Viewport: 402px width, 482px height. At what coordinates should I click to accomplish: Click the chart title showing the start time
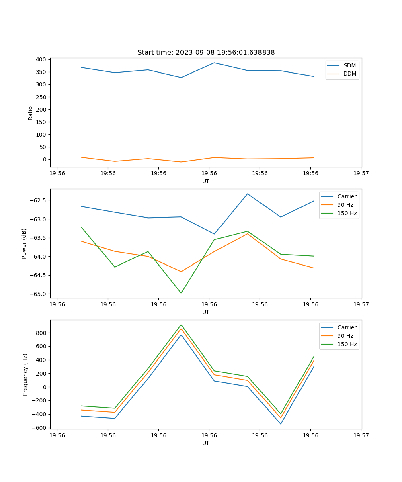[x=206, y=53]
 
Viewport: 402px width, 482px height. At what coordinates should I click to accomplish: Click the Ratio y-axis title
[x=31, y=113]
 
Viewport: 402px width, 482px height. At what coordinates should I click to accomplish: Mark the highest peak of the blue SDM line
[x=214, y=63]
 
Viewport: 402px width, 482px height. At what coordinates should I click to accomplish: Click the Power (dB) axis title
[x=24, y=243]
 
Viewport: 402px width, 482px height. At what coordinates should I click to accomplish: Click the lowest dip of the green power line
[x=181, y=293]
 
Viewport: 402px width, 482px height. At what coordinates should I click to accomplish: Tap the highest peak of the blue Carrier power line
[x=248, y=194]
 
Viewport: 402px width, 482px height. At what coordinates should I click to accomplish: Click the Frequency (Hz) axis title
[x=25, y=374]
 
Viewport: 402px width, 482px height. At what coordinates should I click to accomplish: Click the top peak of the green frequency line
[x=181, y=325]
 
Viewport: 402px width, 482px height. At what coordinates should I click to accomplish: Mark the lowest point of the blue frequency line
[x=281, y=424]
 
